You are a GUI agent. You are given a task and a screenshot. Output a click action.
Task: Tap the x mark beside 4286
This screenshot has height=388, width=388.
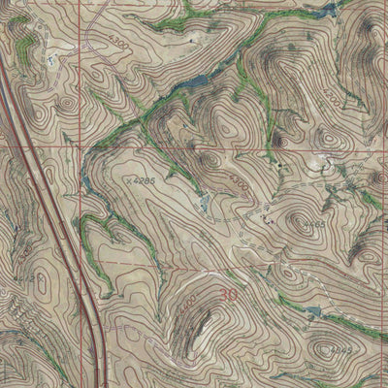click(x=129, y=179)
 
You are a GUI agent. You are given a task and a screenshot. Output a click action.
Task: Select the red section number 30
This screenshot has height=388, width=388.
click(x=229, y=295)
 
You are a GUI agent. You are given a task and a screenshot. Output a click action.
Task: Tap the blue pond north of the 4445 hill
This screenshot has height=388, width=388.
click(x=312, y=311)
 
